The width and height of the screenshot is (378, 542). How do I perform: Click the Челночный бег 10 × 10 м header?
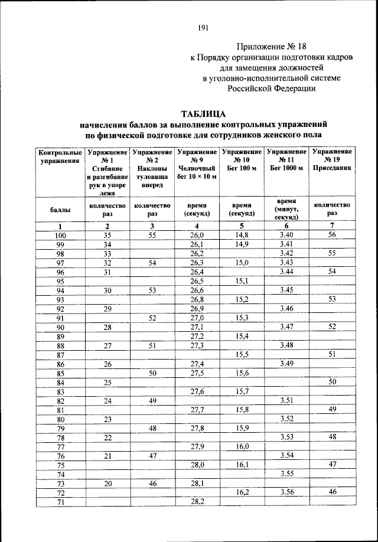click(x=197, y=164)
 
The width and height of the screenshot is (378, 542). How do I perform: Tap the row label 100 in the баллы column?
click(x=60, y=235)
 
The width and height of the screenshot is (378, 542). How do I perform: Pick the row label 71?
click(x=60, y=501)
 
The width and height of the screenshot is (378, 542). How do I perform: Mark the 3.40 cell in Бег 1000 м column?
click(x=286, y=235)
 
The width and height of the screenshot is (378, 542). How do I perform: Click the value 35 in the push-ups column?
click(x=107, y=235)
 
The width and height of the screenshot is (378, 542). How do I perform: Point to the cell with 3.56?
click(x=286, y=492)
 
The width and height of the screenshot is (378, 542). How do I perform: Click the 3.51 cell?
click(x=286, y=401)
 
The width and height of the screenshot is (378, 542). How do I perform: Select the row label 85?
click(x=60, y=373)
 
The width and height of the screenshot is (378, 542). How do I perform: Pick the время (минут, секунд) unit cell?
click(x=286, y=209)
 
